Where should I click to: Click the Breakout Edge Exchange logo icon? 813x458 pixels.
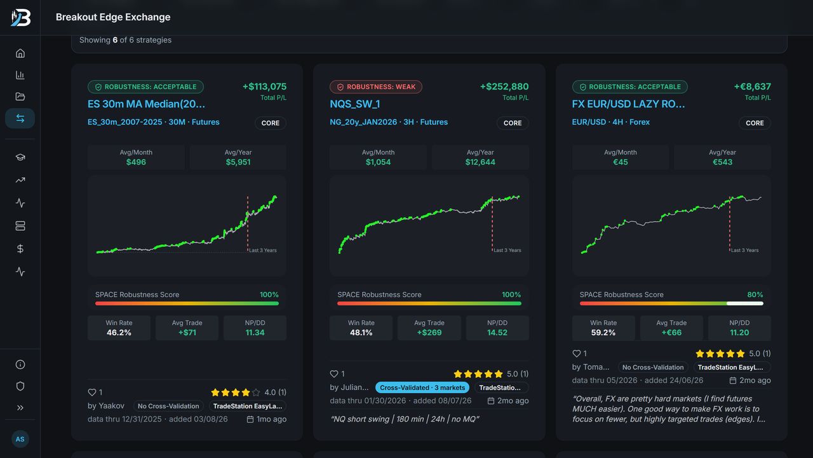[21, 17]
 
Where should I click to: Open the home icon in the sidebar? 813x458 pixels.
[20, 53]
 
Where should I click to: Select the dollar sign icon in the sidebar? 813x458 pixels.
[20, 249]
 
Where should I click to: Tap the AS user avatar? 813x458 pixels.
[20, 439]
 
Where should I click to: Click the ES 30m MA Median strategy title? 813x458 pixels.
[146, 104]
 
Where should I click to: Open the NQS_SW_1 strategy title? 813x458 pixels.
[354, 104]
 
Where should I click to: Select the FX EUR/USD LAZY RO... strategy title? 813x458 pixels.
[628, 104]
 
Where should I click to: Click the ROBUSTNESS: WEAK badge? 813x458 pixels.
[375, 87]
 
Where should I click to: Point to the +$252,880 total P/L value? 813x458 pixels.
[504, 87]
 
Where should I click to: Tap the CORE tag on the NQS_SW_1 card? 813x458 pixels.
[513, 123]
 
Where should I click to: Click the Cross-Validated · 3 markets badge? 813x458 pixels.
[422, 387]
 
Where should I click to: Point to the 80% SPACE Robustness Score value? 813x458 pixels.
[755, 295]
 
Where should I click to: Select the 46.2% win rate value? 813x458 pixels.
[119, 333]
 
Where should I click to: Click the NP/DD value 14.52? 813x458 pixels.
[497, 333]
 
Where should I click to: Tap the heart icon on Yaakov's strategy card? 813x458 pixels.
[92, 392]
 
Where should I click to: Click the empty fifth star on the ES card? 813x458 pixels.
[256, 392]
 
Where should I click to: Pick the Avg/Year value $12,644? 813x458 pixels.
[480, 162]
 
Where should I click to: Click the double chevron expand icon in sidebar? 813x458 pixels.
[20, 408]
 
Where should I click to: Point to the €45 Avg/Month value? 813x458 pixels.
[621, 162]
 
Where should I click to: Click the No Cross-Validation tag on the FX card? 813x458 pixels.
[652, 367]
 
